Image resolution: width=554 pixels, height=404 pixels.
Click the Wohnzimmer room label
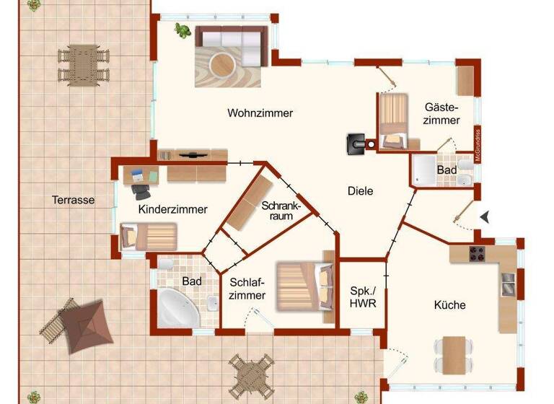coord(260,113)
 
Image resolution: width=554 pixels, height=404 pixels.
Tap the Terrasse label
coord(73,201)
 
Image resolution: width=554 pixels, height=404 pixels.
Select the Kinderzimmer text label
coord(172,209)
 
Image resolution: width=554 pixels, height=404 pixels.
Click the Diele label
coord(360,191)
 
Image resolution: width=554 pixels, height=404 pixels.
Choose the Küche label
coord(449,305)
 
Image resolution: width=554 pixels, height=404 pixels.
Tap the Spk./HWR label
coord(362,297)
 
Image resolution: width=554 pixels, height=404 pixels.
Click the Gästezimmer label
coord(441,113)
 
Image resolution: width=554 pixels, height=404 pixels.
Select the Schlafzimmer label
coord(248,289)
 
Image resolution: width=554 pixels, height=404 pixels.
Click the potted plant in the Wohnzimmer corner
coord(183,31)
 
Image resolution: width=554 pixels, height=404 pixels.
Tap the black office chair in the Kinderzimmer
coord(141,192)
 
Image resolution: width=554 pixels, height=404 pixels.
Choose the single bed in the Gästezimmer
coord(394,120)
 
